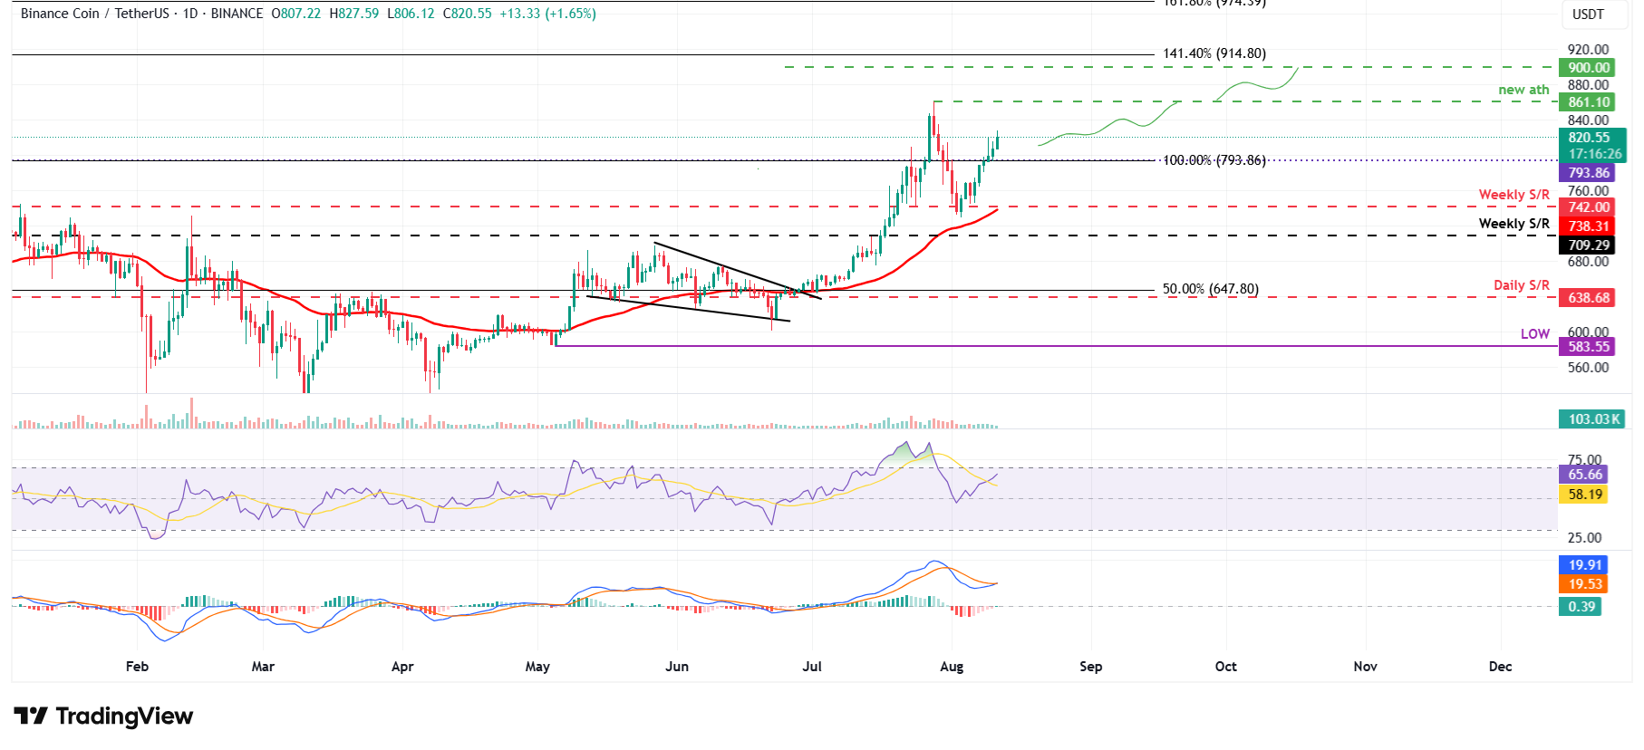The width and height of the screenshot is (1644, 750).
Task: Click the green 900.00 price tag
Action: (x=1589, y=68)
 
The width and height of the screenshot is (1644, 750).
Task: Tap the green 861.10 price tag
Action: (x=1589, y=102)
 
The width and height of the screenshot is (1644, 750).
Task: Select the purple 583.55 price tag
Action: (x=1589, y=347)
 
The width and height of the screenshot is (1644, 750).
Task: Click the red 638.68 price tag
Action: (x=1589, y=298)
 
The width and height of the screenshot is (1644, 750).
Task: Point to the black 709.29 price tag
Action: (x=1589, y=245)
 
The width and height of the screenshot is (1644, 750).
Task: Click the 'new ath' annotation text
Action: (x=1523, y=90)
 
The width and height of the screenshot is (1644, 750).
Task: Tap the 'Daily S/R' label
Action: (x=1521, y=285)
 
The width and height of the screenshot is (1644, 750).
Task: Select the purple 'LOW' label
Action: (x=1534, y=334)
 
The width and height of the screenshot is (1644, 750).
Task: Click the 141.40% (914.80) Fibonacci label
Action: (x=1214, y=53)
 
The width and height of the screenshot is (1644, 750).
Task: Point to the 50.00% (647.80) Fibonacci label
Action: (x=1210, y=290)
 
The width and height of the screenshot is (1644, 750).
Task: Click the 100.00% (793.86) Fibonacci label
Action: (x=1214, y=160)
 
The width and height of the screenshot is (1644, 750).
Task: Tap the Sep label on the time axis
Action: (x=1090, y=667)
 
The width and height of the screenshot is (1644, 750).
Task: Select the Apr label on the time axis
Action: (x=402, y=667)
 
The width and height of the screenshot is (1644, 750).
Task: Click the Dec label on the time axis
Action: (x=1500, y=667)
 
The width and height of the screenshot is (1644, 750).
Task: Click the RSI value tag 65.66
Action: (x=1585, y=475)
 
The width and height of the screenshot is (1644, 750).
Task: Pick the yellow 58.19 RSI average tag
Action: (x=1585, y=495)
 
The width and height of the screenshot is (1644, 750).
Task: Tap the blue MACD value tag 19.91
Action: (x=1585, y=565)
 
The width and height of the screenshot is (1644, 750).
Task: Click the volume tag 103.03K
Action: (x=1593, y=419)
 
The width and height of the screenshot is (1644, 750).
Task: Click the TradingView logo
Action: (x=103, y=716)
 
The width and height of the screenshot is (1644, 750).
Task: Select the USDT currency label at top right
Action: (x=1588, y=14)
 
